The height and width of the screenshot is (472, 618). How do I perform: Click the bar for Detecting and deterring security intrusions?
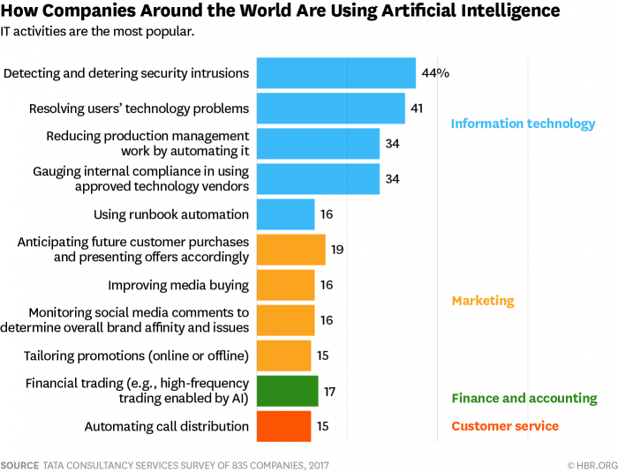point(335,73)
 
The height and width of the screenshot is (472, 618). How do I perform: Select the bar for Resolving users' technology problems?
point(330,109)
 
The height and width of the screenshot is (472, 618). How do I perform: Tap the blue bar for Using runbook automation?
point(285,214)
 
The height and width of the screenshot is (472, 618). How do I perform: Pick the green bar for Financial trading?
point(287,391)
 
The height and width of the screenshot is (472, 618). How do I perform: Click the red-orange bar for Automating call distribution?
point(283,426)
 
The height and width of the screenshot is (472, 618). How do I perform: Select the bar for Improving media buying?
point(285,285)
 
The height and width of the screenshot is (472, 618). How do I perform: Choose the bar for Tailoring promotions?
point(283,356)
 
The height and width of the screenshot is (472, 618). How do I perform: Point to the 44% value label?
point(435,73)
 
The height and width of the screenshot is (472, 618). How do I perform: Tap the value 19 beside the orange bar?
point(337,250)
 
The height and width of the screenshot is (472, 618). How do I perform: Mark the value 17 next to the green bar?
point(330,391)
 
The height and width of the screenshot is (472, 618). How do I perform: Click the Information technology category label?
point(523,124)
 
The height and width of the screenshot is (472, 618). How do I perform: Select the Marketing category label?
point(482,301)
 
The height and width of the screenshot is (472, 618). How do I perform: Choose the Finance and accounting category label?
point(524,398)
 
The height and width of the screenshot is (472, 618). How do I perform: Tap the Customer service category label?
point(504,426)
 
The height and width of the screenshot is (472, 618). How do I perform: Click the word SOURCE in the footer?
point(19,464)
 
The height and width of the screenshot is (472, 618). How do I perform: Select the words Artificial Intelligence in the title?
point(468,11)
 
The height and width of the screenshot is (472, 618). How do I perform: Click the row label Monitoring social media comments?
point(139,313)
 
